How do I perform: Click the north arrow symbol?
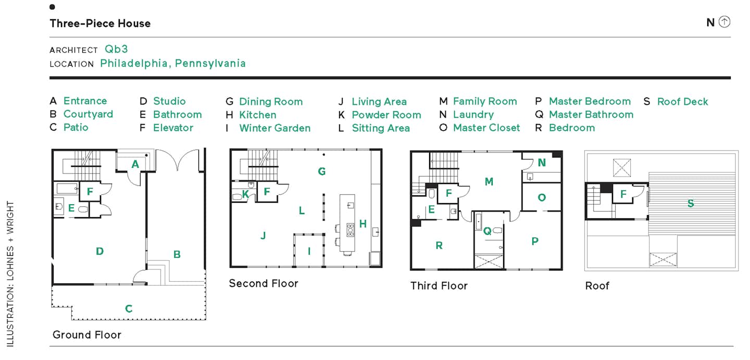[x=724, y=22]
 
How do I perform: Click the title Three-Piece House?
[x=100, y=23]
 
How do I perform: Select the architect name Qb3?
[x=116, y=49]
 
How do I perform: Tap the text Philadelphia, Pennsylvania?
[x=173, y=64]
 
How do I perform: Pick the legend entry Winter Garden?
[x=274, y=128]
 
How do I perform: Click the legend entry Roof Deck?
[x=682, y=102]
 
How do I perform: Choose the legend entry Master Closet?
[x=486, y=128]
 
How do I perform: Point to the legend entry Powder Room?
[x=386, y=115]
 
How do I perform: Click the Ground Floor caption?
[x=87, y=335]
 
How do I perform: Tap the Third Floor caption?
[x=439, y=285]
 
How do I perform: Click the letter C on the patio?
[x=129, y=308]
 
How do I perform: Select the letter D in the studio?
[x=99, y=252]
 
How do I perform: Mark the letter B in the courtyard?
[x=177, y=254]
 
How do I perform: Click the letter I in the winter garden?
[x=309, y=251]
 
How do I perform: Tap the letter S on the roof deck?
[x=691, y=203]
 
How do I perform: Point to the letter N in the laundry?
[x=542, y=163]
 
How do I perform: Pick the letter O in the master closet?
[x=542, y=197]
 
